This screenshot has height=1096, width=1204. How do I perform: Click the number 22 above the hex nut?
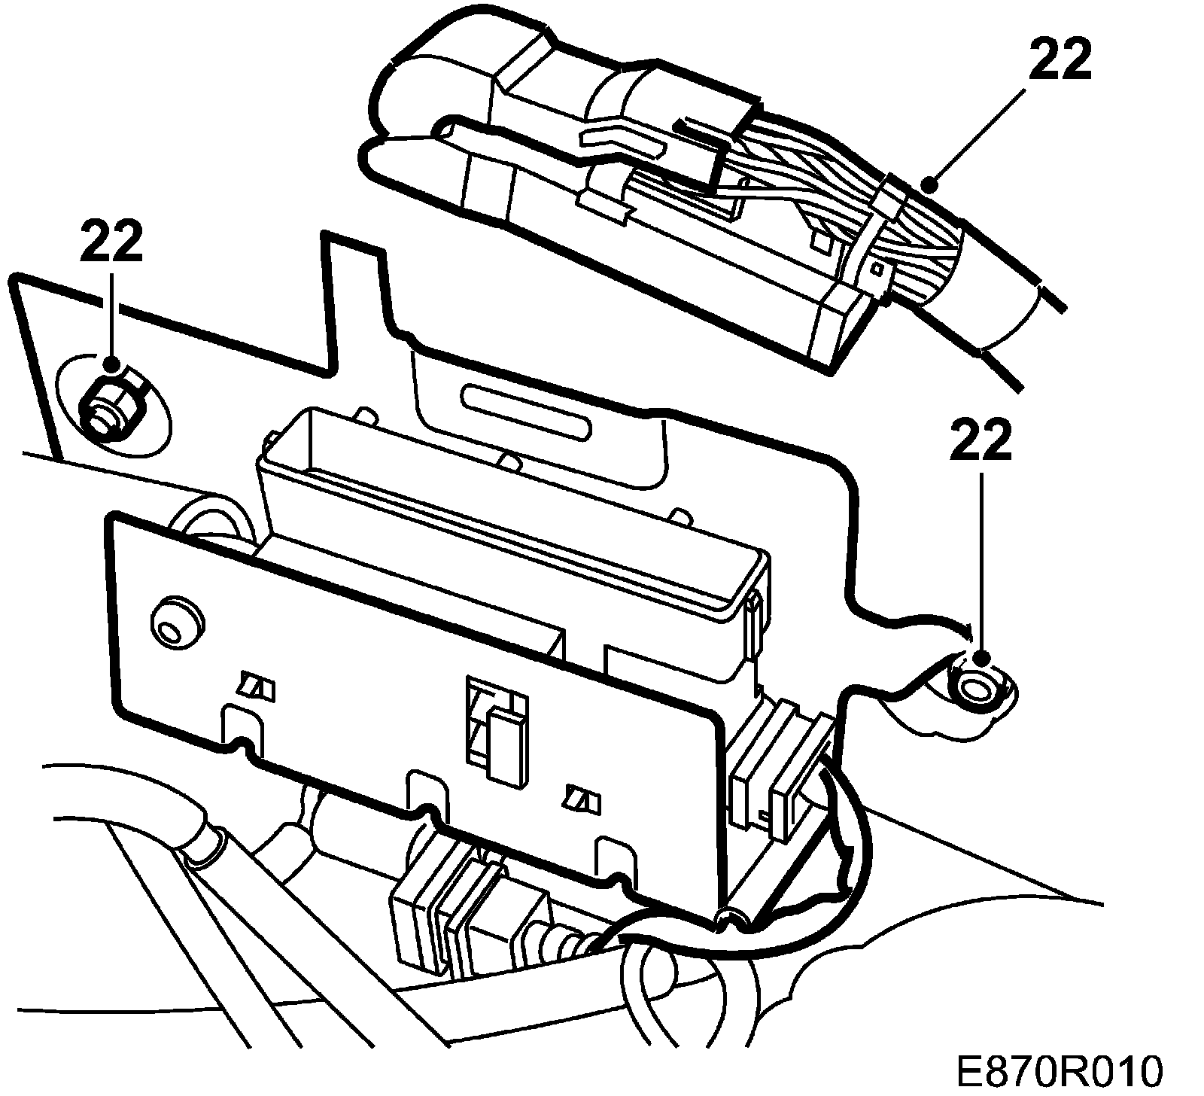(x=111, y=243)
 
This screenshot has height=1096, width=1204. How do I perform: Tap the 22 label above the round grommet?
(x=981, y=442)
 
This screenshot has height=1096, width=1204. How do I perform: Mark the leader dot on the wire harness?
(x=931, y=182)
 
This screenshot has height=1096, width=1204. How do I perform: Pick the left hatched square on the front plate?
(x=256, y=687)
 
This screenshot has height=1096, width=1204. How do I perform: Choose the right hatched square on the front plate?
(x=583, y=800)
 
